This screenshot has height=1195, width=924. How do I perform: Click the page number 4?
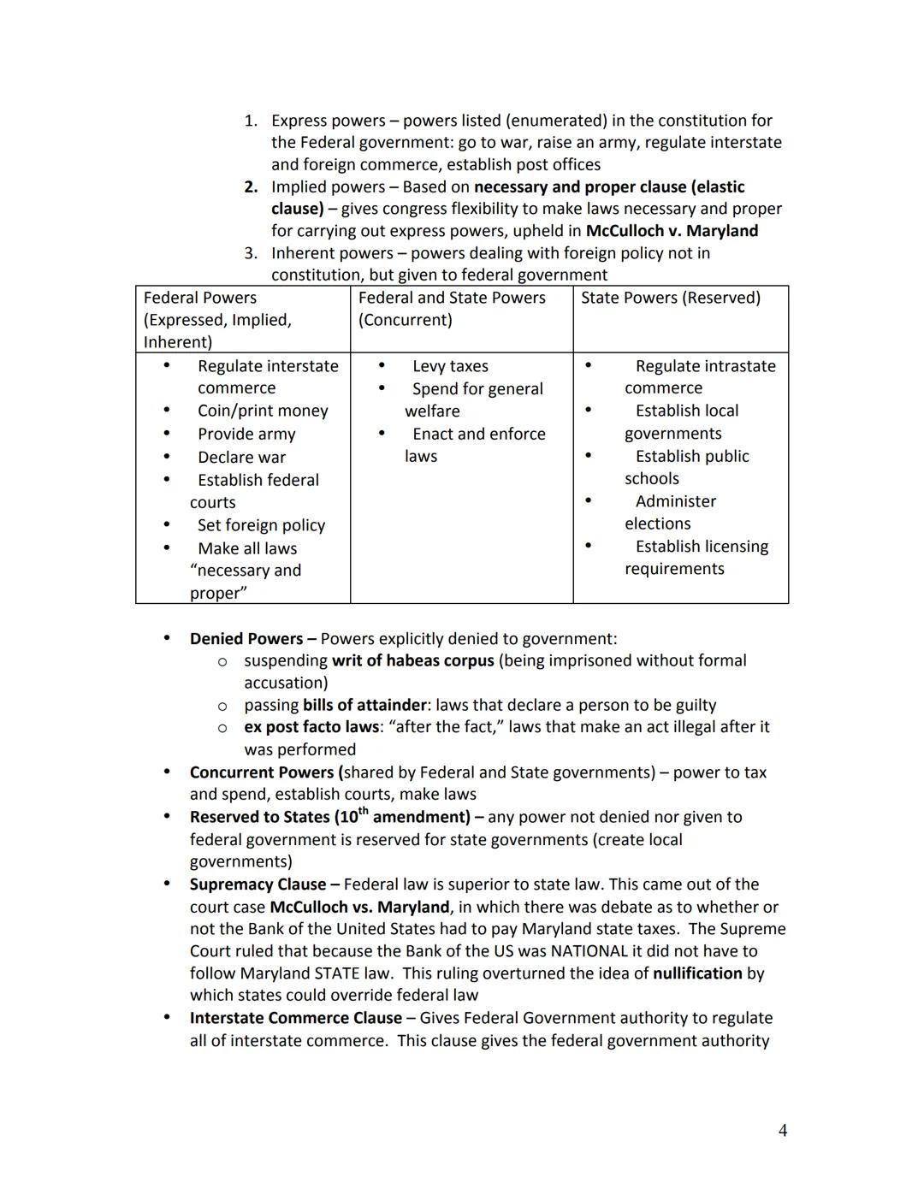click(782, 1130)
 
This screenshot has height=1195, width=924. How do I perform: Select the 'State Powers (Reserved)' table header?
click(670, 298)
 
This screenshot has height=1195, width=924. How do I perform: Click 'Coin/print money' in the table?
click(263, 411)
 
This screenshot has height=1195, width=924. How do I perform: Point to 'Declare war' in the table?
click(241, 458)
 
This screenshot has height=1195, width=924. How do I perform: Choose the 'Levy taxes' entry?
click(450, 366)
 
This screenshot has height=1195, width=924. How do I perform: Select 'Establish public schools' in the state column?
click(686, 467)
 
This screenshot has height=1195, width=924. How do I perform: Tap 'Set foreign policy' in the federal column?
click(261, 525)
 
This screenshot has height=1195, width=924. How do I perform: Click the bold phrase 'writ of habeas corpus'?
click(412, 660)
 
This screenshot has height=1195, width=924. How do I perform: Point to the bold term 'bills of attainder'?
click(364, 705)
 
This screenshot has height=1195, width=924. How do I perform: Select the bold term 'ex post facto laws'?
click(311, 727)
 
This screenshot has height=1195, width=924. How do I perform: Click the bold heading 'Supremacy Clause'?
click(258, 884)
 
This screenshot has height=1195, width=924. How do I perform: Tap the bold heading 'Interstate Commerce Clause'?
click(295, 1018)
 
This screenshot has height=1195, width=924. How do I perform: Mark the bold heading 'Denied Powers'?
click(246, 639)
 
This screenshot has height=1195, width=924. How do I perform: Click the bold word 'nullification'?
click(697, 973)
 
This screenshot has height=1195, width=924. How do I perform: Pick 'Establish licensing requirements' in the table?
click(696, 558)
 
